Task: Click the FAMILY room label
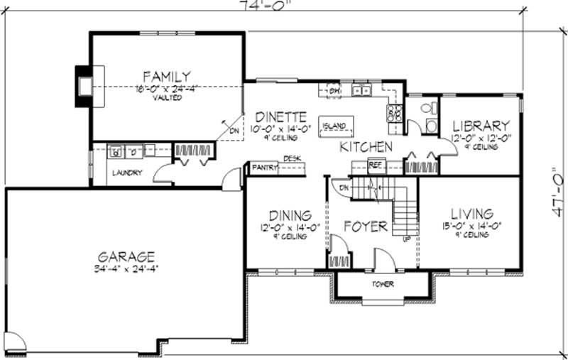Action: (166, 76)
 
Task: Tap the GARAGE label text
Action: (127, 256)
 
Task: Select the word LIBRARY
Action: (480, 125)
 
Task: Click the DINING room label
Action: (290, 215)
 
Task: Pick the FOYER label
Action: (366, 227)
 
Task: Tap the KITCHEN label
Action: (366, 147)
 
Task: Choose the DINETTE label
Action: (281, 117)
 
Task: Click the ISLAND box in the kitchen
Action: (334, 126)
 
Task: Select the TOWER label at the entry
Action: (383, 285)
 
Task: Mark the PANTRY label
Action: (264, 168)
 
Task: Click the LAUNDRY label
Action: (127, 173)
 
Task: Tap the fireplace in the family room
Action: (85, 86)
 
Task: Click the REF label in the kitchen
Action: (375, 165)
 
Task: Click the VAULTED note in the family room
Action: (166, 98)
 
